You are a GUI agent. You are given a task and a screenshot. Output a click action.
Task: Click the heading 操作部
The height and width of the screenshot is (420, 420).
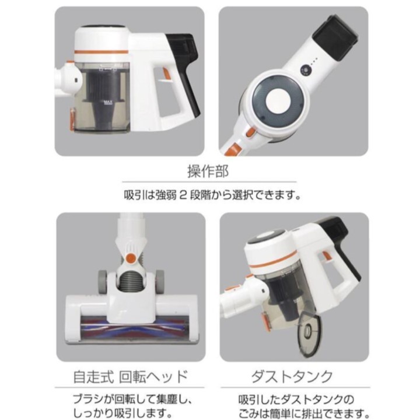pos(208,171)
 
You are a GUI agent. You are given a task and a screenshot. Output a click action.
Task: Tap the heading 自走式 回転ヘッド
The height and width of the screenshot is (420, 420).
pos(131,376)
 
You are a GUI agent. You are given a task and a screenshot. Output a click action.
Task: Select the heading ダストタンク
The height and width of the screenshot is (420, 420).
pos(292,376)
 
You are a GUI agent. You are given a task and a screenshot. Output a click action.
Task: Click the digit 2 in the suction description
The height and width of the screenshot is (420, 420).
pos(183,195)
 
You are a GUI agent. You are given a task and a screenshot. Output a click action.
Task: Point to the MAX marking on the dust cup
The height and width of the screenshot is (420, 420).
pos(108,102)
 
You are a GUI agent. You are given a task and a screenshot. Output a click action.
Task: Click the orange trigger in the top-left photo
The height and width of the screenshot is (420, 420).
pos(166,75)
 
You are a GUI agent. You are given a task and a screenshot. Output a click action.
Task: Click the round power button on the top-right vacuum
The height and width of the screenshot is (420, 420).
pos(305,71)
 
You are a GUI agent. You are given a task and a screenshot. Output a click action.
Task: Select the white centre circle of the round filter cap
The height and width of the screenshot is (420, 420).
pos(278,101)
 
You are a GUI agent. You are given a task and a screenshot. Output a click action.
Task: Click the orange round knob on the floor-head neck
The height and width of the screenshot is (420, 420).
pos(131,258)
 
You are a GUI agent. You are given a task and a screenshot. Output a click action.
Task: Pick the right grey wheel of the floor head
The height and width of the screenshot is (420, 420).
pos(160,282)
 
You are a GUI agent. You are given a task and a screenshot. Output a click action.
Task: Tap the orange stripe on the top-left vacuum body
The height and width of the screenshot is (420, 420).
pos(100,52)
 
